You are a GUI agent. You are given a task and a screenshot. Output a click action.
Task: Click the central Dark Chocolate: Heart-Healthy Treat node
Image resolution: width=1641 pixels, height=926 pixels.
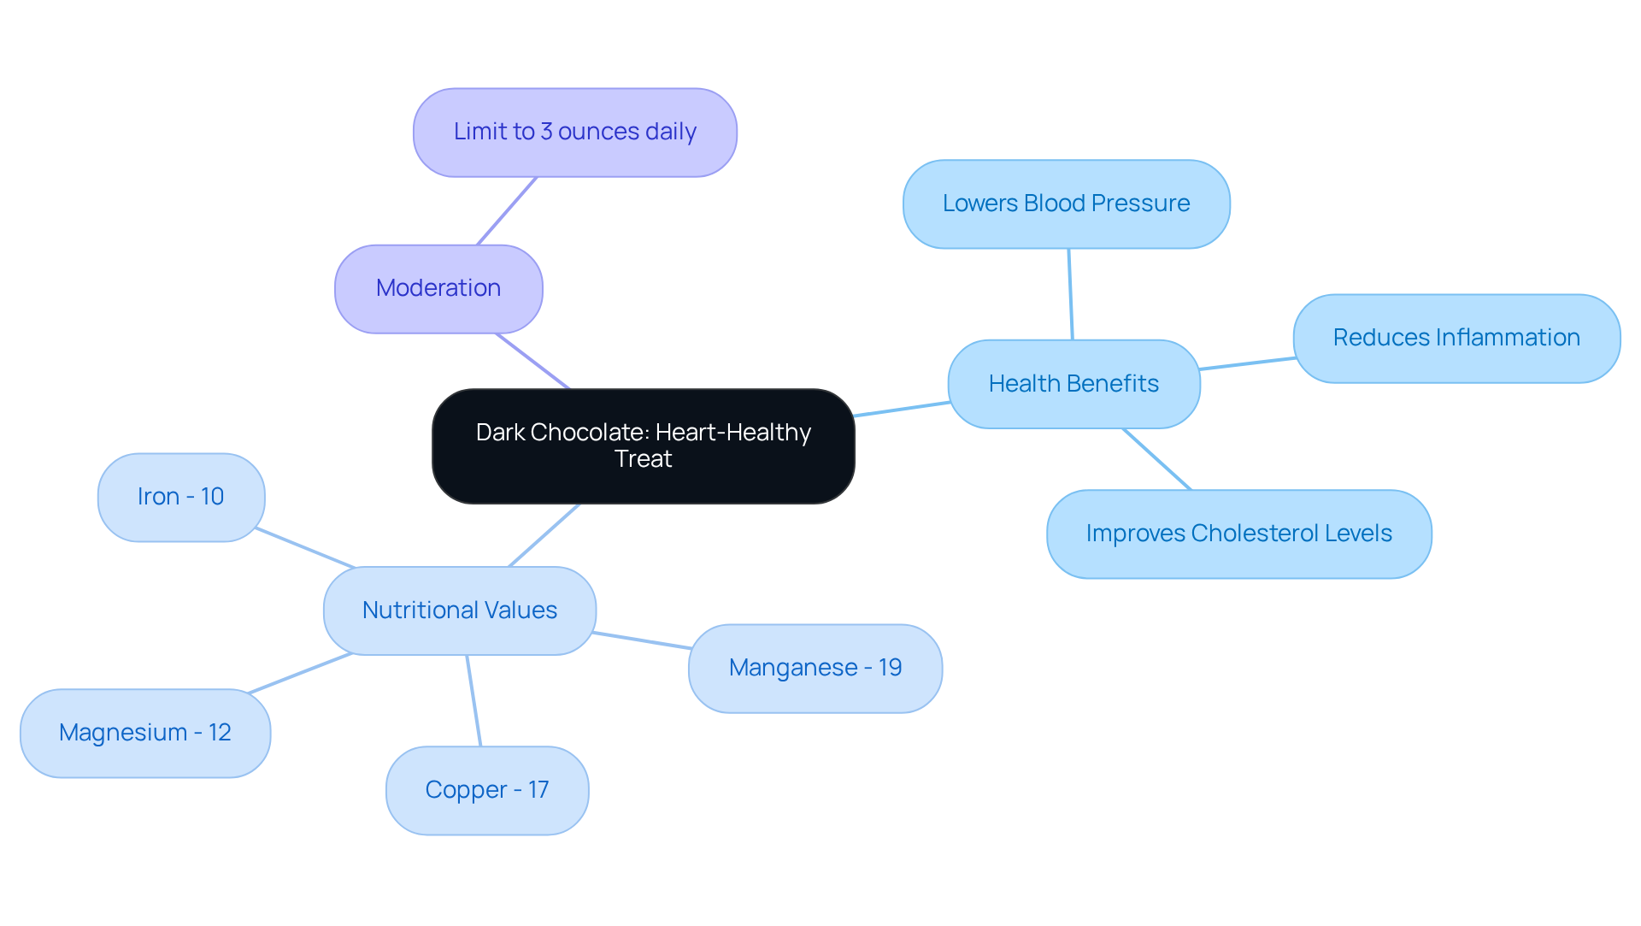pyautogui.click(x=643, y=445)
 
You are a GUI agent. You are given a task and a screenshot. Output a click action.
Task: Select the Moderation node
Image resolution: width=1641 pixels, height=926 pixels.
pyautogui.click(x=438, y=288)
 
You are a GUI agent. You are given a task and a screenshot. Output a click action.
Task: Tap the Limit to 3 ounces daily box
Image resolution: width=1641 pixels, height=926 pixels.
pyautogui.click(x=574, y=132)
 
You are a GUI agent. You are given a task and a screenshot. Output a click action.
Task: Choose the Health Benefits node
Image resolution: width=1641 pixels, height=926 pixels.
pyautogui.click(x=1073, y=384)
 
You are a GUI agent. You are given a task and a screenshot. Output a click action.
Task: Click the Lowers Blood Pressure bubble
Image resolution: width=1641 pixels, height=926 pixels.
pyautogui.click(x=1066, y=203)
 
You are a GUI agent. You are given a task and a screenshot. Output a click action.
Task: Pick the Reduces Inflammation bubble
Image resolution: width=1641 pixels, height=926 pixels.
pyautogui.click(x=1456, y=338)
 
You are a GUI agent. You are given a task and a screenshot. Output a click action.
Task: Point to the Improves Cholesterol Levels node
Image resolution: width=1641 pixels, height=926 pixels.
pyautogui.click(x=1238, y=534)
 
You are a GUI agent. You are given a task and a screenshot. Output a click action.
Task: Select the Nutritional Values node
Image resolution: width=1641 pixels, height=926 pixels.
pyautogui.click(x=459, y=610)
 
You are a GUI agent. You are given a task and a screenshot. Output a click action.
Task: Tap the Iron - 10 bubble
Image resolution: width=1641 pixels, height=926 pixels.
pyautogui.click(x=180, y=497)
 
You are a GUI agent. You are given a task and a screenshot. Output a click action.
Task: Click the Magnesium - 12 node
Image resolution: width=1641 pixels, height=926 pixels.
pyautogui.click(x=144, y=733)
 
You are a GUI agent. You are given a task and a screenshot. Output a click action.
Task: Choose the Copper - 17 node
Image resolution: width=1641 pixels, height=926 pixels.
pyautogui.click(x=486, y=790)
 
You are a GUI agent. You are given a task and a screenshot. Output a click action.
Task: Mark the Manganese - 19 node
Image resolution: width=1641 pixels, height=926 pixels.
pyautogui.click(x=815, y=668)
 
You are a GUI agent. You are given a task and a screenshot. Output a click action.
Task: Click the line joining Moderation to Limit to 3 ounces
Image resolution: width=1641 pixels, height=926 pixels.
pyautogui.click(x=507, y=211)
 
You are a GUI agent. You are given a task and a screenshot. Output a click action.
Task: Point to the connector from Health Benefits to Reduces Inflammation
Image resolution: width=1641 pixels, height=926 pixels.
pyautogui.click(x=1247, y=363)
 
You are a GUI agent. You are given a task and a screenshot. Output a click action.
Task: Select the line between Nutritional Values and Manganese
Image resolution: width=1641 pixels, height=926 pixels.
pyautogui.click(x=641, y=640)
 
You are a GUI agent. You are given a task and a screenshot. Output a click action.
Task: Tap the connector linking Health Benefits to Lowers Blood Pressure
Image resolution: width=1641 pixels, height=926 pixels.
pyautogui.click(x=1070, y=294)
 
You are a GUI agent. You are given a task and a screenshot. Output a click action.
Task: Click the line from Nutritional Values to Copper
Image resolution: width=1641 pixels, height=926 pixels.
pyautogui.click(x=473, y=700)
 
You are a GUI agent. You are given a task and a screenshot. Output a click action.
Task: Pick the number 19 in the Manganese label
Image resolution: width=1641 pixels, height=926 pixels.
pyautogui.click(x=890, y=668)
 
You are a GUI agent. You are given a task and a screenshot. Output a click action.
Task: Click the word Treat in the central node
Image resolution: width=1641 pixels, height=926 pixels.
pyautogui.click(x=643, y=459)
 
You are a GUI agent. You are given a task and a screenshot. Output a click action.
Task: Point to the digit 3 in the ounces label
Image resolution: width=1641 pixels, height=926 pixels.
pyautogui.click(x=546, y=132)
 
